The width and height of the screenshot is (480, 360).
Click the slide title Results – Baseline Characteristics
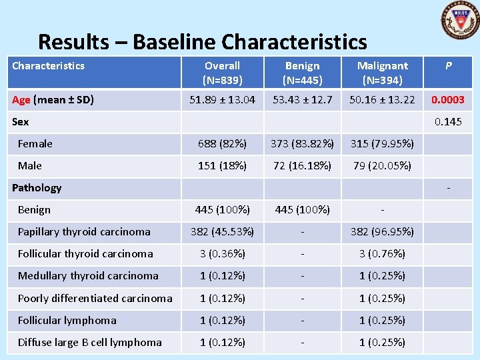coord(202,42)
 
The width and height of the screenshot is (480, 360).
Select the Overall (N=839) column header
coord(222,73)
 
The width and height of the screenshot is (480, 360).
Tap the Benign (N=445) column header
coord(302,73)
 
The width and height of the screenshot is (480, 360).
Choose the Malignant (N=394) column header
coord(382,73)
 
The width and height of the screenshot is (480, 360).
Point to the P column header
coord(448,66)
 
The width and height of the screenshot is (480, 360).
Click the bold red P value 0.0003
coord(448,100)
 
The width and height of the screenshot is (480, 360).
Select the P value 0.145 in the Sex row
coord(448,122)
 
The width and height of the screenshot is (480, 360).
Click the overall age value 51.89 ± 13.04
coord(222,100)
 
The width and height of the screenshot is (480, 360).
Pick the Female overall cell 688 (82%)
coord(222,144)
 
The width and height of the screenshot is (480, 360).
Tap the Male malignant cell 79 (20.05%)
coord(382,166)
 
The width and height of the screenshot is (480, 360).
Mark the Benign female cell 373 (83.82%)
coord(302,144)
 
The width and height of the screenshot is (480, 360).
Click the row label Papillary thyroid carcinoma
coord(84,232)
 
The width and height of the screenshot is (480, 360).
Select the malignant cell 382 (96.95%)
coord(382,232)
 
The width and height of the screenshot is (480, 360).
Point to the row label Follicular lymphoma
coord(67,321)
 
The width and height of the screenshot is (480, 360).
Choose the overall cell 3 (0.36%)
coord(222,254)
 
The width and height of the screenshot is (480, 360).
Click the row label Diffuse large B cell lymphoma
coord(89,343)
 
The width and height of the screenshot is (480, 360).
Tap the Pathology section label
coord(37,188)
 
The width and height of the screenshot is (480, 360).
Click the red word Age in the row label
coord(21,100)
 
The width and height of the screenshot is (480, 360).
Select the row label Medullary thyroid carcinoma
coord(88,276)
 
